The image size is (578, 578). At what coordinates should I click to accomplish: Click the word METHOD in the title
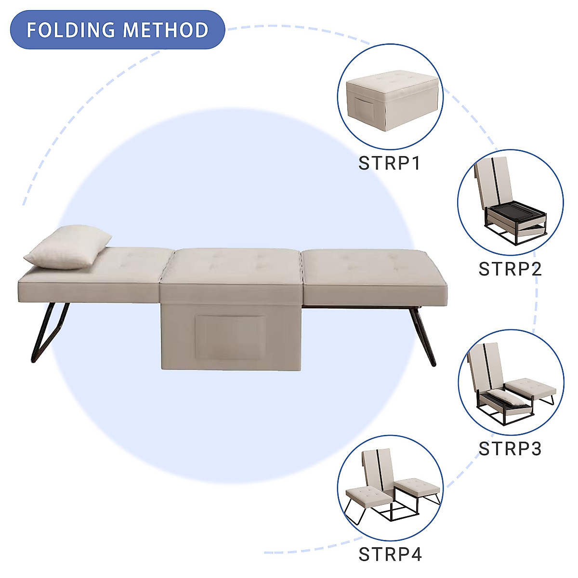point(165,30)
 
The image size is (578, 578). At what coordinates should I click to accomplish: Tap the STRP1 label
point(390,163)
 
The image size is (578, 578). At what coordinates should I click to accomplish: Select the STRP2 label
point(510,269)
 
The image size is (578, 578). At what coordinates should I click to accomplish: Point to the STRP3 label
point(510,448)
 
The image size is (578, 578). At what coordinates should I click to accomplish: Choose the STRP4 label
point(390,554)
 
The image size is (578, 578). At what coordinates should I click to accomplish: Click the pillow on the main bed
point(67,247)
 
